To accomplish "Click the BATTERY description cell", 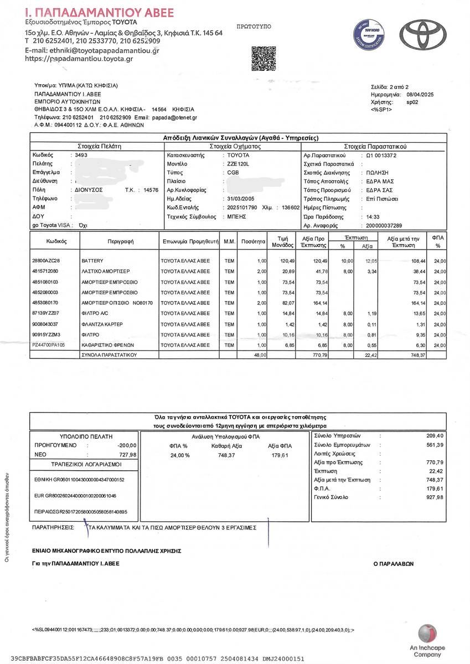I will (92, 260).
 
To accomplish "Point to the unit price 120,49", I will (286, 260).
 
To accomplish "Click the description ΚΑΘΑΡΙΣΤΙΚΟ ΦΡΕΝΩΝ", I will (110, 345).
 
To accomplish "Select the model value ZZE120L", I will (240, 164).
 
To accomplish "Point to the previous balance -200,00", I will (126, 445).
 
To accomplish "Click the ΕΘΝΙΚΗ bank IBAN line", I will (79, 479).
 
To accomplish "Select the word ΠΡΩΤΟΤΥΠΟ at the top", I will (254, 26).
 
